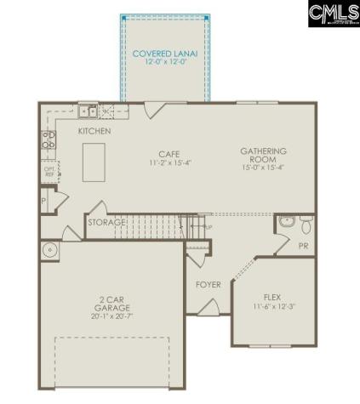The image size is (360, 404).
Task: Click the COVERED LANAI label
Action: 165,54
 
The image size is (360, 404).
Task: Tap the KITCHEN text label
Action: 94,132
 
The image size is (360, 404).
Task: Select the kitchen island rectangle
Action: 94,162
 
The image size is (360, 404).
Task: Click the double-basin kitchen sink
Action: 88,111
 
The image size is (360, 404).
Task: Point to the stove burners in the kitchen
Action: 49,140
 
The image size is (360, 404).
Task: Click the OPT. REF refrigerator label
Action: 49,171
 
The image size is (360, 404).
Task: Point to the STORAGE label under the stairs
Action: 107,223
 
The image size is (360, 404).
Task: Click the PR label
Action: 304,246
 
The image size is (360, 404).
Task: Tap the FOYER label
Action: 209,284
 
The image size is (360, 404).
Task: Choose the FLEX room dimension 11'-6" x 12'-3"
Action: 272,306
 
